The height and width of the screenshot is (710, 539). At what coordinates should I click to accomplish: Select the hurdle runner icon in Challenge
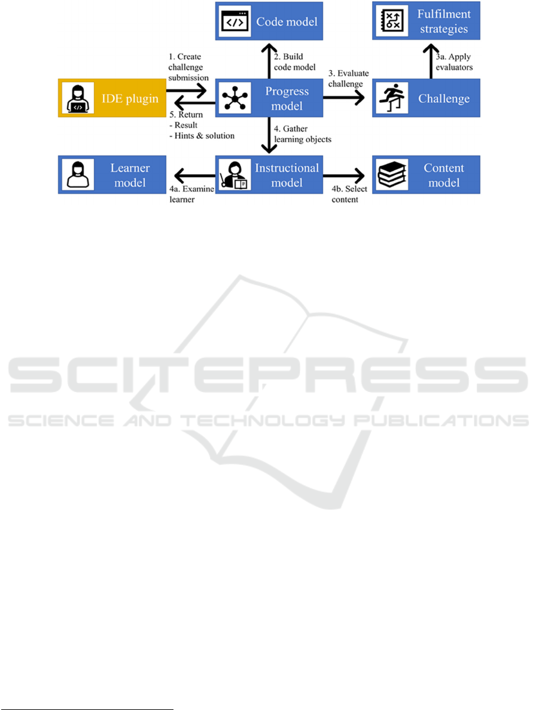389,99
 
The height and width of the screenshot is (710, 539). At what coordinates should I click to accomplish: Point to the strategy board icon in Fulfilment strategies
389,22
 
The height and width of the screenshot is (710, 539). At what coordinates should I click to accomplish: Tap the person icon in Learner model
75,175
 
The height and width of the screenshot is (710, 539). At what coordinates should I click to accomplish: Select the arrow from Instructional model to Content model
345,175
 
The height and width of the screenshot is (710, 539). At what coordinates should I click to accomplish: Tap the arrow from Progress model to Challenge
345,99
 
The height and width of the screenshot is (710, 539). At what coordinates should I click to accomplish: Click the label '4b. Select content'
345,195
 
